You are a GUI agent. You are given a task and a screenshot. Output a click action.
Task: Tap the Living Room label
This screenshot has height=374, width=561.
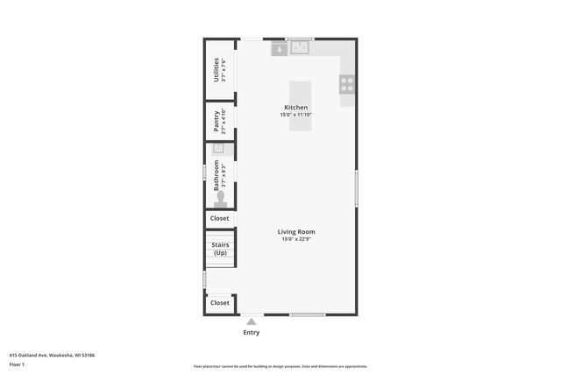pyautogui.click(x=298, y=232)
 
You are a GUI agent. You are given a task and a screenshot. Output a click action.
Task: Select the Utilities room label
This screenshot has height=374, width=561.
pyautogui.click(x=216, y=69)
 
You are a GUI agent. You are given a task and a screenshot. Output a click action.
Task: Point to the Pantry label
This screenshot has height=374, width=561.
pyautogui.click(x=216, y=119)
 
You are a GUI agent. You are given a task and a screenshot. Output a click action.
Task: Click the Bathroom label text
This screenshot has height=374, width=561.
pyautogui.click(x=216, y=175)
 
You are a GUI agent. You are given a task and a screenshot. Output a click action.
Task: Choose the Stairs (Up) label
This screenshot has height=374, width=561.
pyautogui.click(x=220, y=248)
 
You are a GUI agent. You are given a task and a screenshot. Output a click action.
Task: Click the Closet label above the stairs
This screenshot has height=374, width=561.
pyautogui.click(x=220, y=218)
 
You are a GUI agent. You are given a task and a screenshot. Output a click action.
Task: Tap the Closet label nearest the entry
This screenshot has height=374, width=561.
pyautogui.click(x=220, y=303)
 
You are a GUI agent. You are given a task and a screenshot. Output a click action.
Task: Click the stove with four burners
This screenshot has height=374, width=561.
pyautogui.click(x=347, y=84)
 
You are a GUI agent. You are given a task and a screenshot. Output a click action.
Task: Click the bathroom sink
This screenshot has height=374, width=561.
pyautogui.click(x=219, y=148)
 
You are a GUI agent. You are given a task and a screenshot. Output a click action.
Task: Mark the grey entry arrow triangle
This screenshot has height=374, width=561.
pyautogui.click(x=252, y=321)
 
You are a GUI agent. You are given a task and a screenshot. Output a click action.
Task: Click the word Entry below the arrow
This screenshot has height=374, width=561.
pyautogui.click(x=252, y=333)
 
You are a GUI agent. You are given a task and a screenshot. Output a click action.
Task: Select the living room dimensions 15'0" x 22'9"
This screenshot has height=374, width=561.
pyautogui.click(x=298, y=239)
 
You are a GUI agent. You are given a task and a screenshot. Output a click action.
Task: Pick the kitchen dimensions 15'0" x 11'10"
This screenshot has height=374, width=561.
pyautogui.click(x=296, y=115)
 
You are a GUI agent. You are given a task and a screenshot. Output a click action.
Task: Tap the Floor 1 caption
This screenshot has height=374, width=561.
pyautogui.click(x=18, y=363)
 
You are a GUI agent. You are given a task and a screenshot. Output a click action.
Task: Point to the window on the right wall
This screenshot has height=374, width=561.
pyautogui.click(x=356, y=188)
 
